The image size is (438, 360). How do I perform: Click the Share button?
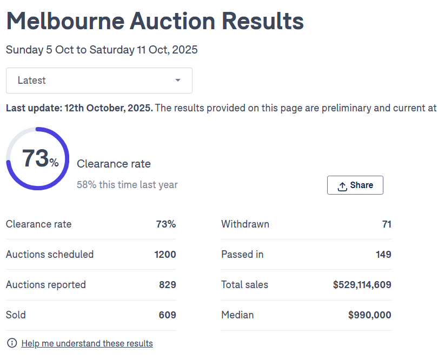point(355,185)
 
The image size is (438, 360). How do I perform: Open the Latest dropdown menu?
point(99,81)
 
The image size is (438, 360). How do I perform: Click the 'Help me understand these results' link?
point(87,343)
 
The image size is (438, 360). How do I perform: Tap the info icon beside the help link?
point(11,343)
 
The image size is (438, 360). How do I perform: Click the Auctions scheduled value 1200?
point(165,255)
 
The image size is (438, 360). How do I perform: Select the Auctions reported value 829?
point(167,285)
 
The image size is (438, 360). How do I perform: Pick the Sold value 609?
point(167,315)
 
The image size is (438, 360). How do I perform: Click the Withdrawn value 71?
point(386,224)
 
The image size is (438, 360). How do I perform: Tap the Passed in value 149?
point(383,255)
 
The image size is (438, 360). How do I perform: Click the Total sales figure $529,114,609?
point(362,285)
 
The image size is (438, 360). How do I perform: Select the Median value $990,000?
point(369,315)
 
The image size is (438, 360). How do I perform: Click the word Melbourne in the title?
point(65,21)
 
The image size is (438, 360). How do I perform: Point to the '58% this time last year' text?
point(127,185)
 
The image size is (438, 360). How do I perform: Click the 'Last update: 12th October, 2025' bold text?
point(79,108)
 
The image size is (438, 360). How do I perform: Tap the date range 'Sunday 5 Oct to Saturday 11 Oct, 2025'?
point(102,50)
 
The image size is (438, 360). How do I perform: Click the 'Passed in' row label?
point(242,255)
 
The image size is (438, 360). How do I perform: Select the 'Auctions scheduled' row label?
point(50,255)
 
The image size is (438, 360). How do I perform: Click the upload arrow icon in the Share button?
point(342,186)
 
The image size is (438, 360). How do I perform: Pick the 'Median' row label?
point(237,315)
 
